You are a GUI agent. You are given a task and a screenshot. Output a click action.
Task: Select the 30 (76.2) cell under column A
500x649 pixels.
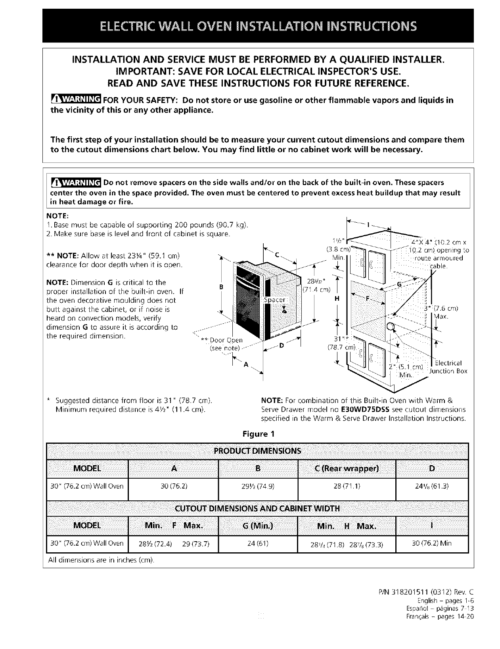(x=173, y=486)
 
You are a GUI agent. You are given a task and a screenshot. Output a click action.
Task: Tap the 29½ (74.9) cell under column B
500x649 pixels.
(x=258, y=486)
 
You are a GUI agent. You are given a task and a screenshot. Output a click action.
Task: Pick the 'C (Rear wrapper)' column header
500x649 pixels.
(x=347, y=469)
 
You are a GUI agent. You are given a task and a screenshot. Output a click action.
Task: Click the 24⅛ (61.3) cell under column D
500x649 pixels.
(x=432, y=486)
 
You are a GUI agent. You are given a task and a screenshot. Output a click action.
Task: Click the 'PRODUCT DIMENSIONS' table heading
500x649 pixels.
(x=258, y=451)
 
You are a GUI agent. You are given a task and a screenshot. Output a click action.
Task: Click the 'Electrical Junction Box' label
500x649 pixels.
(x=450, y=367)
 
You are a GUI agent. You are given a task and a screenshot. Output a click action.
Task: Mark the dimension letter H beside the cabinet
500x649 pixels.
(x=337, y=300)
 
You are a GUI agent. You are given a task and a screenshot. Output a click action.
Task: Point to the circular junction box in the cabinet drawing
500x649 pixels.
(x=391, y=326)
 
